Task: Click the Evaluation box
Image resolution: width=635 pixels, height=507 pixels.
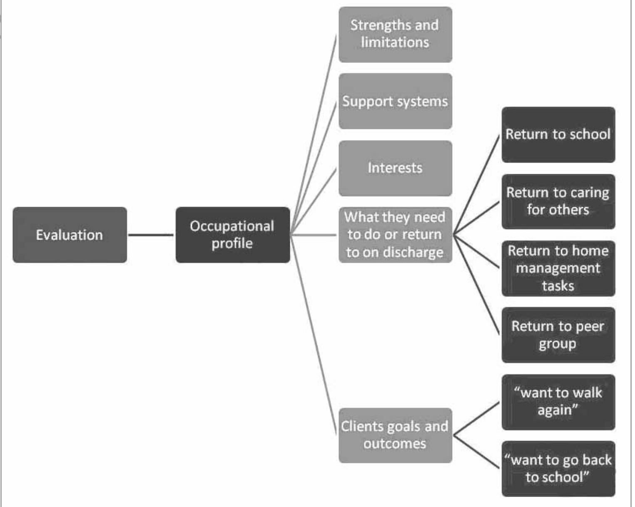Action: click(70, 235)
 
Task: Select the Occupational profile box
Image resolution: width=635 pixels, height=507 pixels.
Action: click(232, 235)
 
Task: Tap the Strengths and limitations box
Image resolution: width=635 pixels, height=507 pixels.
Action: click(395, 35)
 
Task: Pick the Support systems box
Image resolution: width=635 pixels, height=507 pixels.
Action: click(395, 101)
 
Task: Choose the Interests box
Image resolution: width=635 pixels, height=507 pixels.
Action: click(395, 168)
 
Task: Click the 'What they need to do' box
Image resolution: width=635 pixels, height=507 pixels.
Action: click(395, 235)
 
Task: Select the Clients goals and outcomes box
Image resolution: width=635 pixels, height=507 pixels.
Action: click(395, 435)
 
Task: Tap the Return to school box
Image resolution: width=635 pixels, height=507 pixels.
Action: click(558, 135)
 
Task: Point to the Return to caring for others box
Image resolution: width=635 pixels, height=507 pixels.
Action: click(558, 201)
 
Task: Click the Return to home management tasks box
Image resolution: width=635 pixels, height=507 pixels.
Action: click(558, 268)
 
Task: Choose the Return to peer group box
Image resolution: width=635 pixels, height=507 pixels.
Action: click(558, 335)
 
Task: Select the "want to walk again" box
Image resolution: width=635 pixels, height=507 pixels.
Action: click(558, 402)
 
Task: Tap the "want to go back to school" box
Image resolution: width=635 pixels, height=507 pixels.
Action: click(558, 469)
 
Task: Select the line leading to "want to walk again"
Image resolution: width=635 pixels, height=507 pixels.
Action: click(476, 419)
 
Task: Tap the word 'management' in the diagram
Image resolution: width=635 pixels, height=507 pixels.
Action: click(558, 268)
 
